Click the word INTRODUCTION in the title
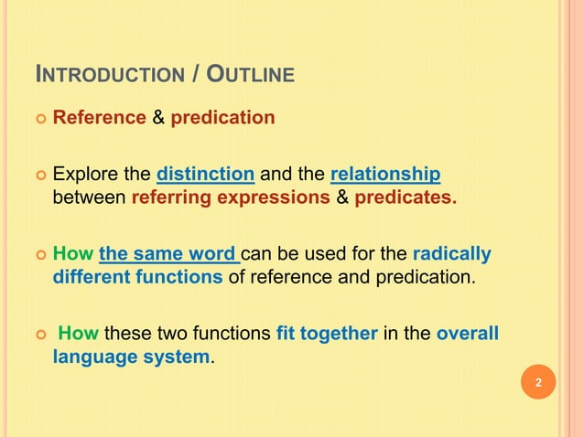click(107, 73)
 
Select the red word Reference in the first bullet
click(99, 118)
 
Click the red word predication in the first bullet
click(222, 118)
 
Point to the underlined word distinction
click(205, 174)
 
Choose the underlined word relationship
click(384, 174)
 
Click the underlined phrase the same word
click(168, 253)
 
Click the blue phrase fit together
click(327, 334)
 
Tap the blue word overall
click(467, 334)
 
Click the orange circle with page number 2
click(538, 382)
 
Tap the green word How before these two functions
click(78, 334)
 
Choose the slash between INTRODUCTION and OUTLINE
click(197, 73)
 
